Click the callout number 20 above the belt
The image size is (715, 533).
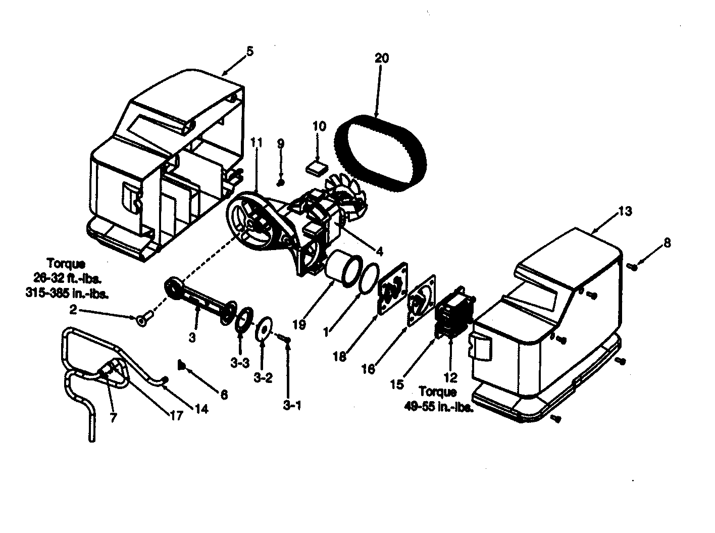point(382,58)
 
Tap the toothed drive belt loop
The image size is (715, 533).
point(380,152)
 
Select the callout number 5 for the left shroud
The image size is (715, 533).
point(250,52)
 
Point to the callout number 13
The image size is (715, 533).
point(625,211)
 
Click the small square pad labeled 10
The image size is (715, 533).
point(317,168)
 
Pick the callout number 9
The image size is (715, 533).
point(281,143)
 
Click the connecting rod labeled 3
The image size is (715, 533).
point(200,301)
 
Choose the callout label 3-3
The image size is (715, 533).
point(240,363)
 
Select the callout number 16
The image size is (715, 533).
point(369,369)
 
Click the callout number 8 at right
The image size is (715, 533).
point(667,243)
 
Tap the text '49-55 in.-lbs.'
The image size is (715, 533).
point(439,407)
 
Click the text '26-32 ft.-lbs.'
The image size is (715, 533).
point(68,278)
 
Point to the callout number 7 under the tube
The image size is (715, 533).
point(113,417)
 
